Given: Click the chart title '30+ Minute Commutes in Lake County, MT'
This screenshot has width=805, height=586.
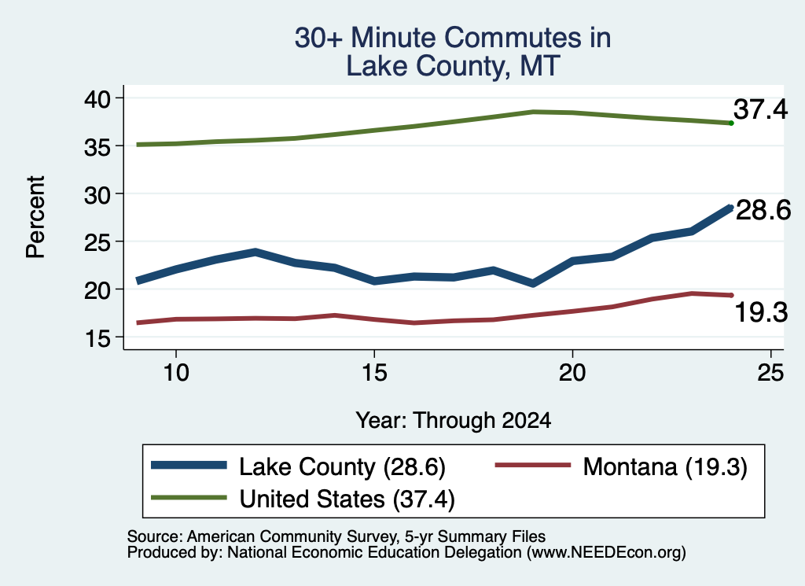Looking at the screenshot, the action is (453, 52).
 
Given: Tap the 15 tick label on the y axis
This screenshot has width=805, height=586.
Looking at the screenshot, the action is (97, 338).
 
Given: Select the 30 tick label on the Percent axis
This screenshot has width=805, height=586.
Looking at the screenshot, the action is (97, 194).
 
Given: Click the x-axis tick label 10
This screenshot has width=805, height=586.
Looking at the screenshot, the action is (176, 372).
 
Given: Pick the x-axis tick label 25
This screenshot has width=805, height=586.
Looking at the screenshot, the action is (770, 372).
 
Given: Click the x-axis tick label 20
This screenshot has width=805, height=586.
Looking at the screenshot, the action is (572, 372).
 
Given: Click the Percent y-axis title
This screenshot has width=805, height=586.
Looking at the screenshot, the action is (35, 217).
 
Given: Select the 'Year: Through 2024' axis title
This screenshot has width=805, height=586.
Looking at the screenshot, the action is (454, 420).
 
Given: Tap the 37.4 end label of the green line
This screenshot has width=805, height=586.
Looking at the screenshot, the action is (760, 109).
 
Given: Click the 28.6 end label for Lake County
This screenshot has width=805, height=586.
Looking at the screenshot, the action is (763, 210).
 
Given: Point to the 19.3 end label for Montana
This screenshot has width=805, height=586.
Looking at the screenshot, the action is (761, 312).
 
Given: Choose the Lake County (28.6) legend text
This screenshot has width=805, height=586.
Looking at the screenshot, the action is (342, 467).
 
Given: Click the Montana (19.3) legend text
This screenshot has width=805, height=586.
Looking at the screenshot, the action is (665, 467).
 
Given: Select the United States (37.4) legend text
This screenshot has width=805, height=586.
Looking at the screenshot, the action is (347, 499).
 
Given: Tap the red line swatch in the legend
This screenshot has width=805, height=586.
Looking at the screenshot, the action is (533, 466).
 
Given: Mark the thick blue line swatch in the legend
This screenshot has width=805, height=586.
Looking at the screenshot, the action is (189, 466).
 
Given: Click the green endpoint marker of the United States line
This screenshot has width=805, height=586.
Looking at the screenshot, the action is (731, 123).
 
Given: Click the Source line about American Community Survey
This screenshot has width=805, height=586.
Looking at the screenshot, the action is (336, 536).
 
